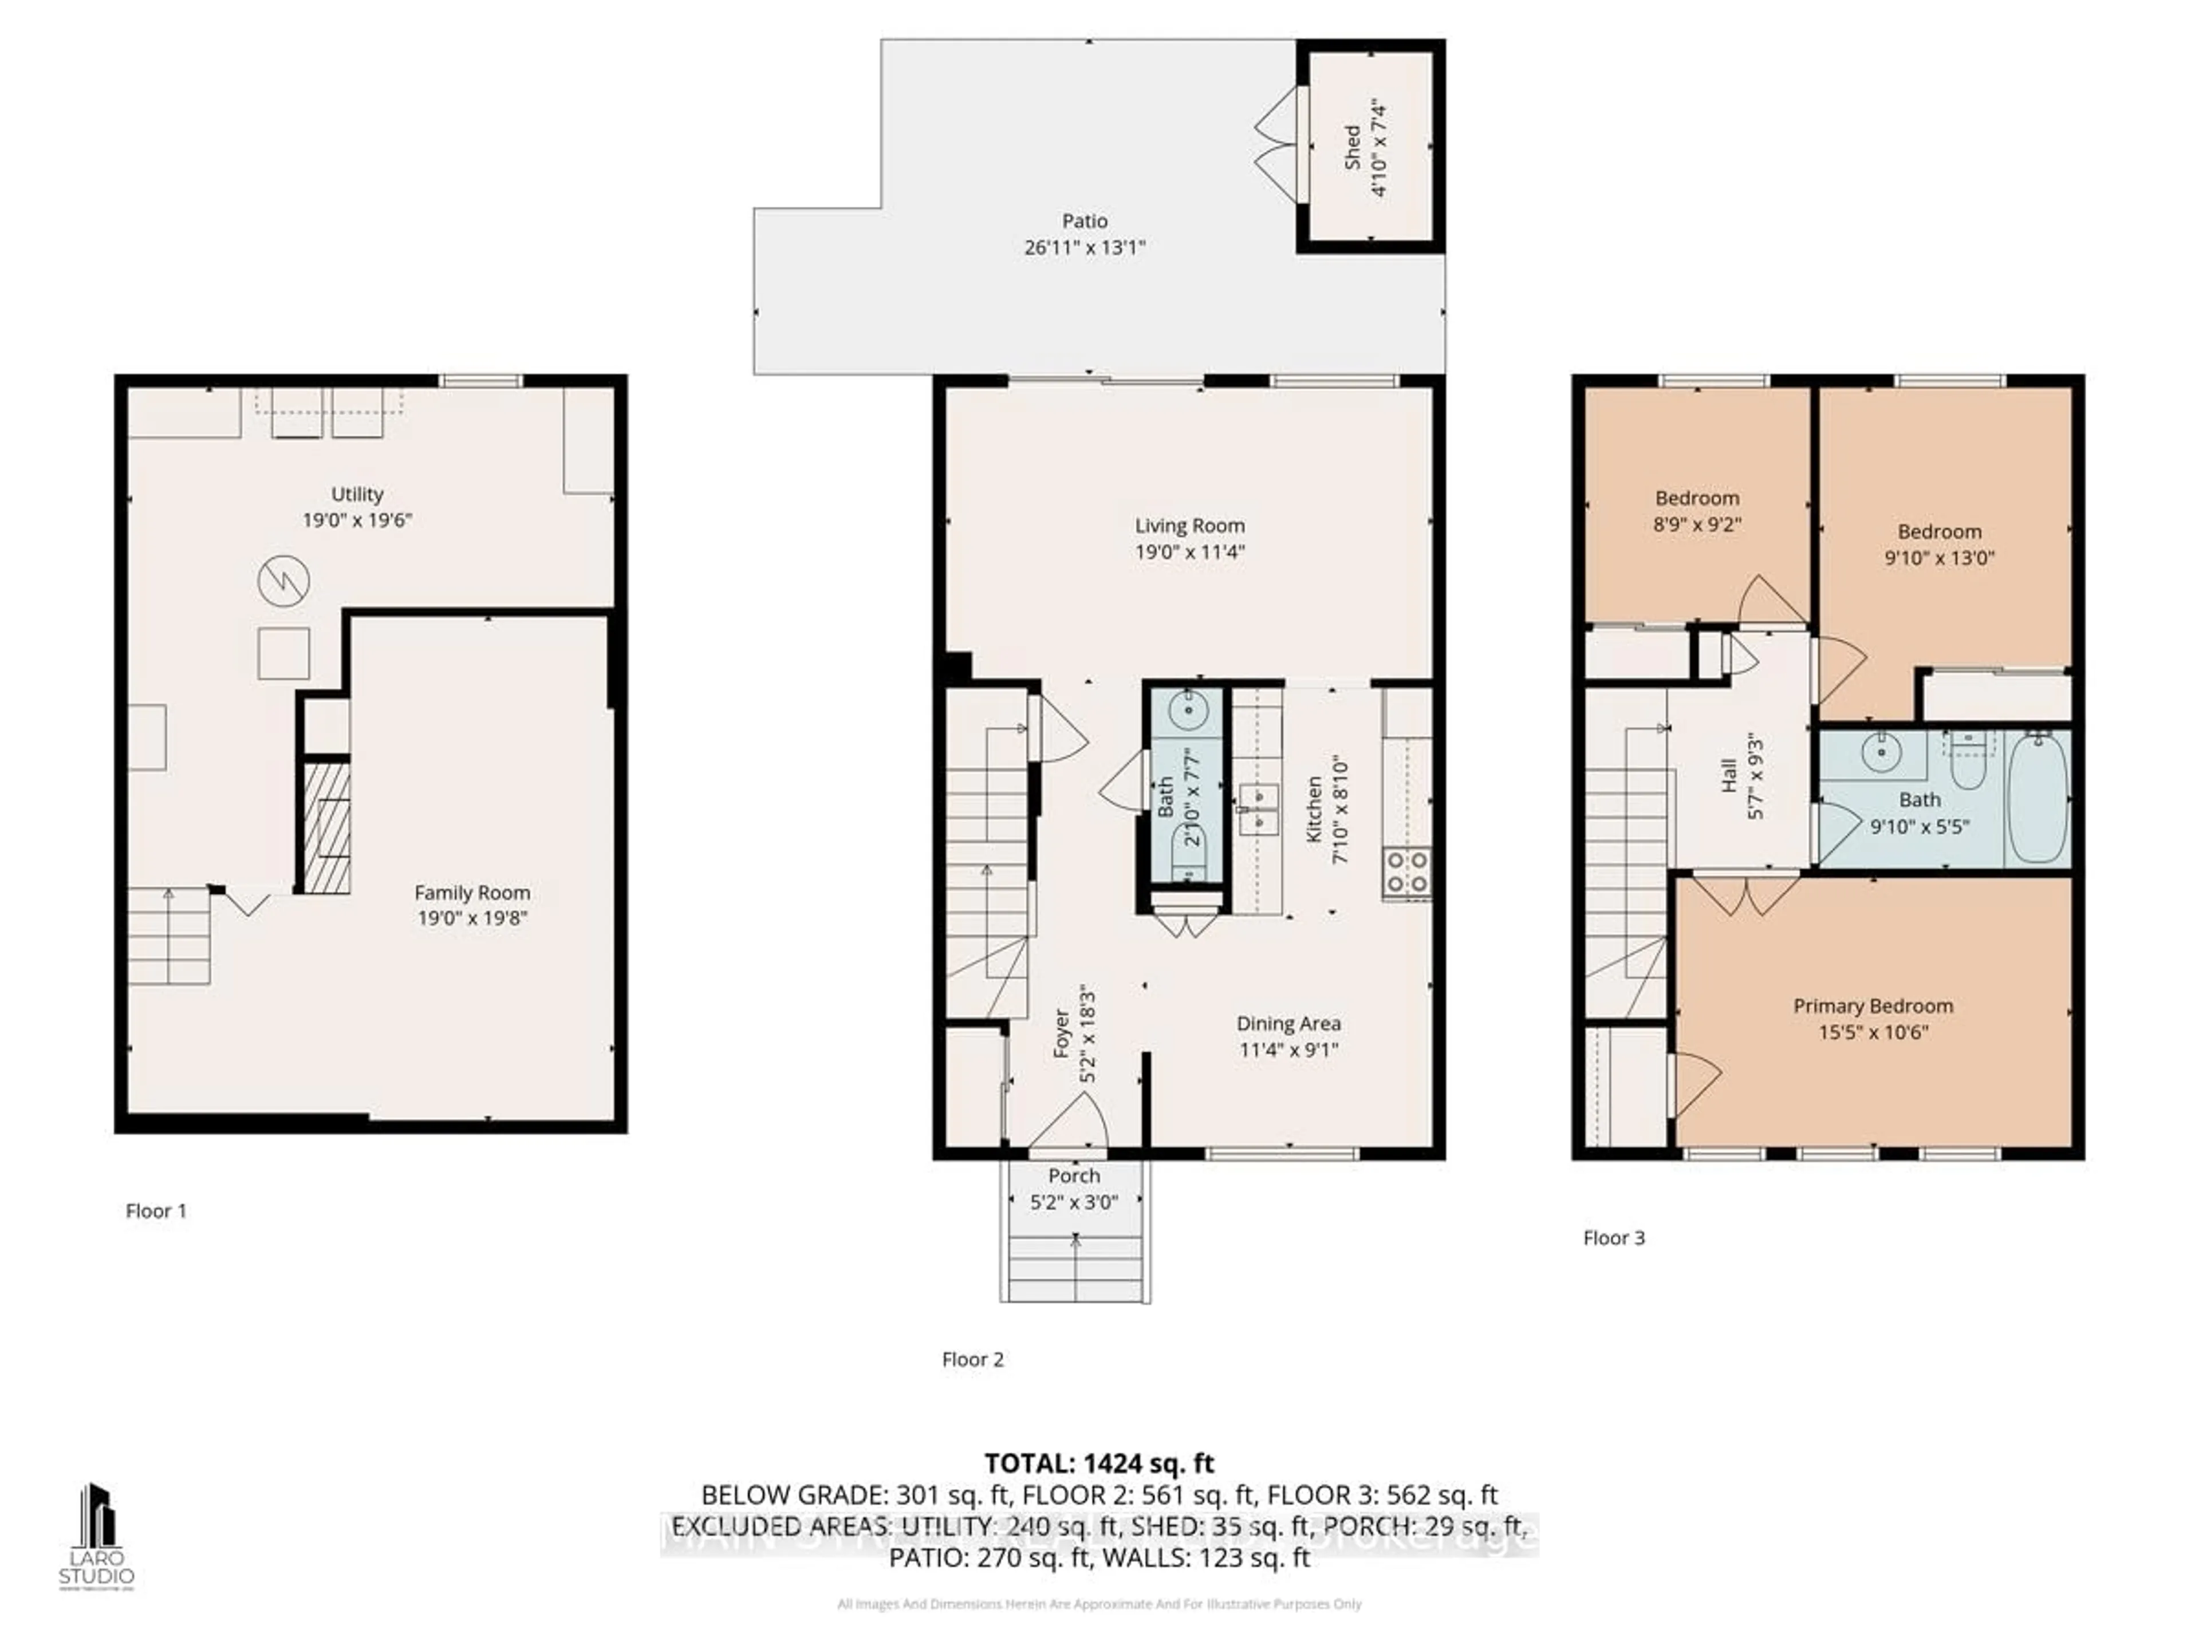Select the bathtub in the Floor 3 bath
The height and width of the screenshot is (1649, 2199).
pos(2039,798)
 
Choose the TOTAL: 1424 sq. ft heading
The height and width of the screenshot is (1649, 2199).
pos(1098,1463)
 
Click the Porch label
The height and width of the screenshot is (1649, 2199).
pos(1074,1176)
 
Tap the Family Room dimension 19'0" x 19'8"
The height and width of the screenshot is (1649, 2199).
pos(472,918)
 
